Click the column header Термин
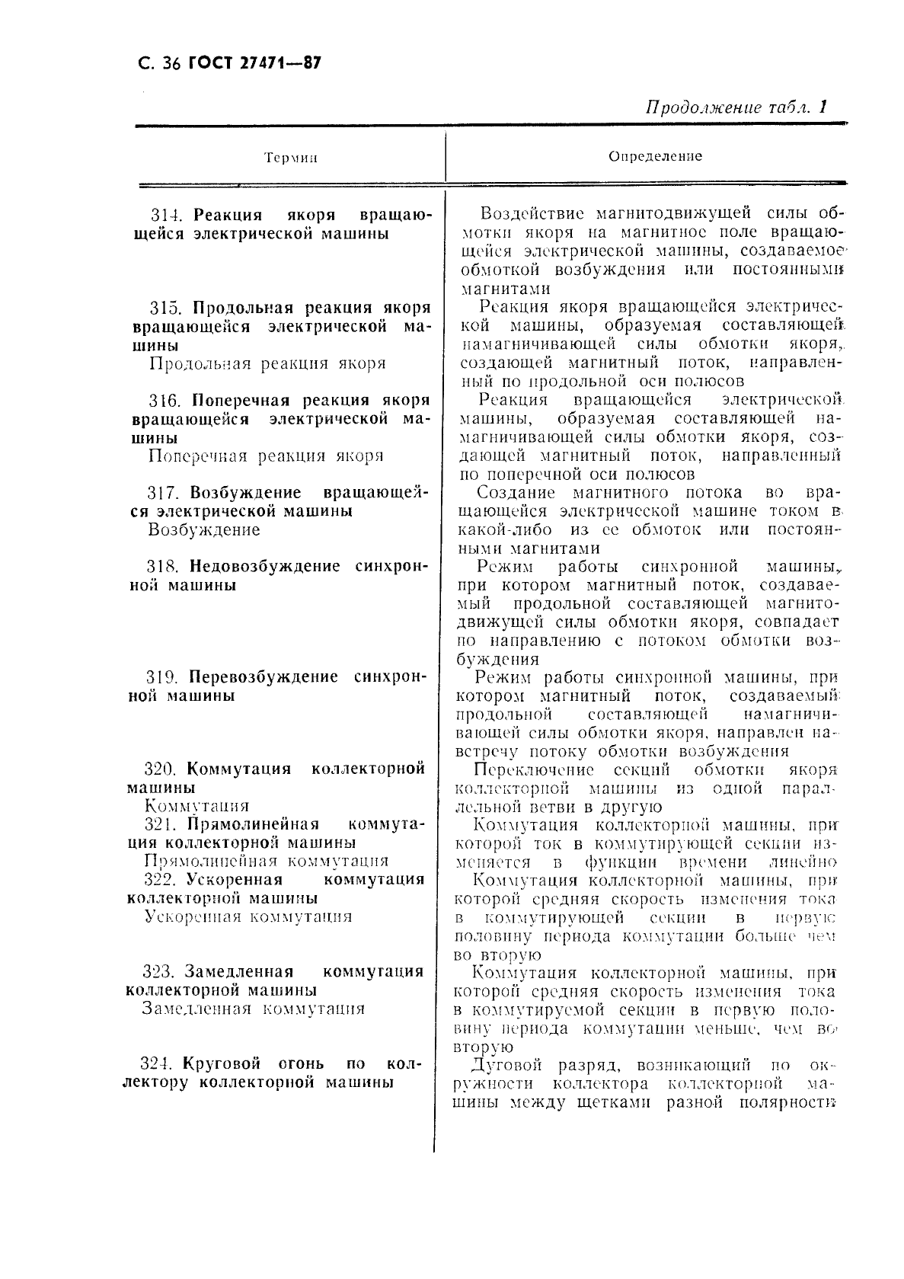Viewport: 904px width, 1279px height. click(290, 158)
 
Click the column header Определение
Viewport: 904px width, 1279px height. click(655, 156)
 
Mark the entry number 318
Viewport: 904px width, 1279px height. click(164, 567)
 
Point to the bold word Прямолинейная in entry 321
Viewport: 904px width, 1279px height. click(253, 824)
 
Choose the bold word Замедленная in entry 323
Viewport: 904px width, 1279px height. click(239, 972)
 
